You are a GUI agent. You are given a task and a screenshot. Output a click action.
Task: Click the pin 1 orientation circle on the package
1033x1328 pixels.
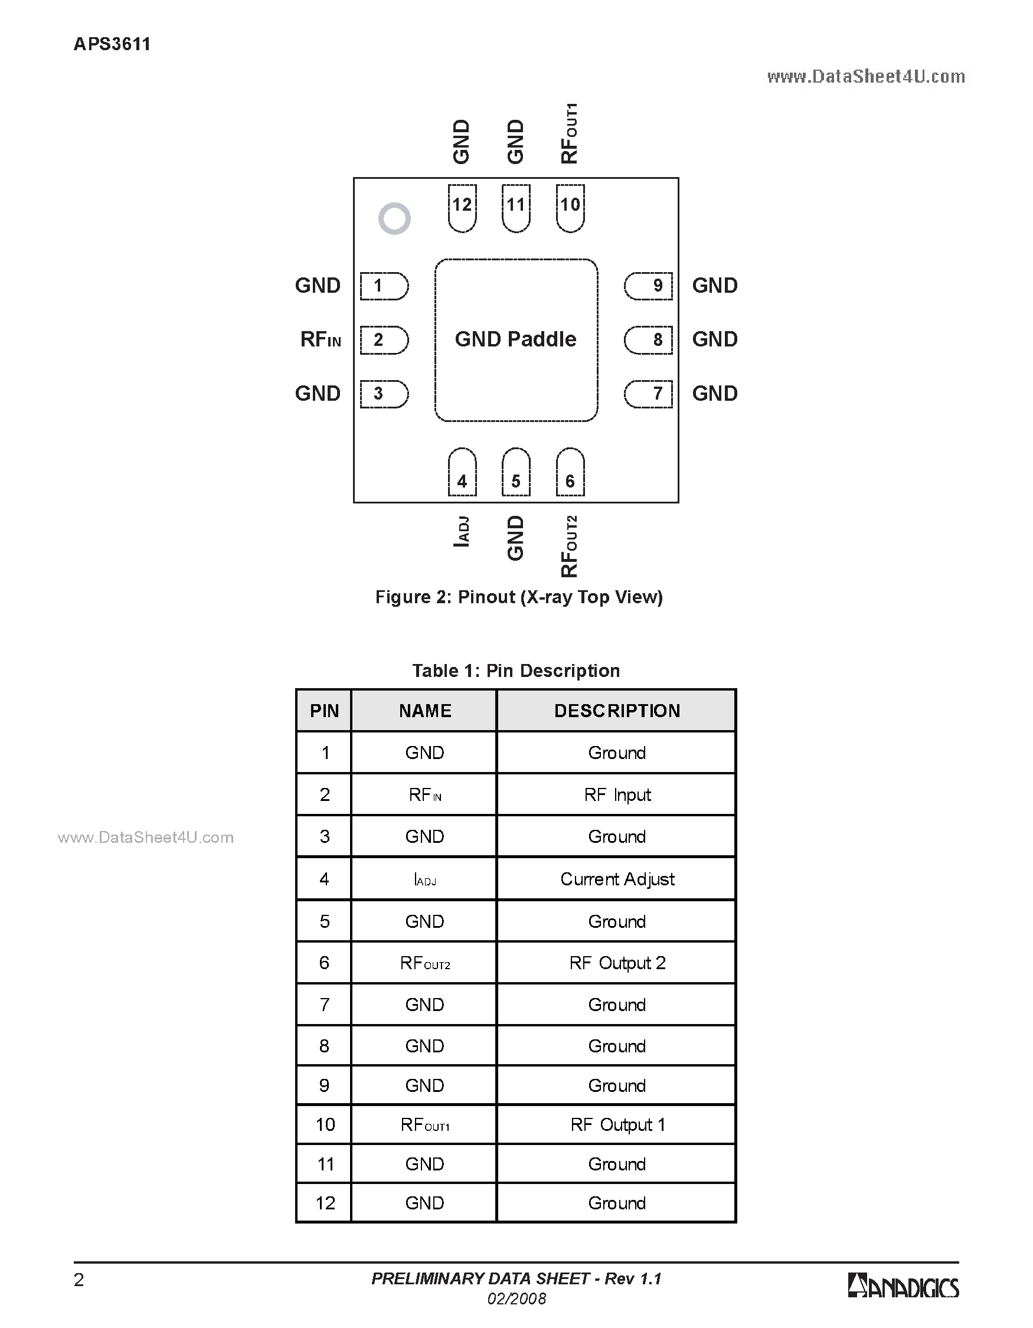tap(394, 218)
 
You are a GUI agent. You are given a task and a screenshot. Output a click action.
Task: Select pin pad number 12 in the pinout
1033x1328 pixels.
tap(462, 207)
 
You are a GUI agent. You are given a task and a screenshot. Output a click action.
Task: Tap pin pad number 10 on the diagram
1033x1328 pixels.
tap(570, 207)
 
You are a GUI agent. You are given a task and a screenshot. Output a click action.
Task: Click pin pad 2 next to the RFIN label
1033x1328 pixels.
tap(384, 340)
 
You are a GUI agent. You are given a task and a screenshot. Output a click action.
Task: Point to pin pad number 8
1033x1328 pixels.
tap(649, 340)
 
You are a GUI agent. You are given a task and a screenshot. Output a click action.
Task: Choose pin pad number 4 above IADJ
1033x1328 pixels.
tap(462, 472)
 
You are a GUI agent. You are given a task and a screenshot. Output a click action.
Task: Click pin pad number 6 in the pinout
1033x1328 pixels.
tap(570, 472)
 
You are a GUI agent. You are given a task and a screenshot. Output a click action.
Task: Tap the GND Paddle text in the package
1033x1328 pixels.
tap(515, 339)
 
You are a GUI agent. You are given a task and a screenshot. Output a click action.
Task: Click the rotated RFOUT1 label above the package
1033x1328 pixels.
tap(569, 134)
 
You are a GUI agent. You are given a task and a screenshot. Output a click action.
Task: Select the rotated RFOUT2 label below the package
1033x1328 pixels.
tap(569, 546)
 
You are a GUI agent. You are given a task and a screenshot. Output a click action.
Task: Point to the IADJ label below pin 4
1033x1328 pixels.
tap(462, 531)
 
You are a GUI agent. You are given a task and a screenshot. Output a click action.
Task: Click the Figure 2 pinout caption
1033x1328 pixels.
tap(519, 597)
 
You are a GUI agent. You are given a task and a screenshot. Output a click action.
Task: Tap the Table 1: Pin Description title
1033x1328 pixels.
tap(516, 670)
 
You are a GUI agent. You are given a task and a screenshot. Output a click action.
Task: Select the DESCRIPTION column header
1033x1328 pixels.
tap(617, 711)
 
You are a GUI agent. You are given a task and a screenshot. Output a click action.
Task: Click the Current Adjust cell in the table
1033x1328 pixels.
tap(617, 879)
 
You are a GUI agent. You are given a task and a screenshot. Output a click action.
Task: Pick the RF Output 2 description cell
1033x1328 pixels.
tap(617, 963)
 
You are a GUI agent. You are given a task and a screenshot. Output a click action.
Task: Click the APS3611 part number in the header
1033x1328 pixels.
tap(112, 44)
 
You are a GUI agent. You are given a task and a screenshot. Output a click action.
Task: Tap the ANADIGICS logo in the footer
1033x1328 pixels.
tap(904, 1287)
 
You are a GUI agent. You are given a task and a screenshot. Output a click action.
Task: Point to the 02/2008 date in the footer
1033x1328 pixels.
tap(517, 1299)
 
